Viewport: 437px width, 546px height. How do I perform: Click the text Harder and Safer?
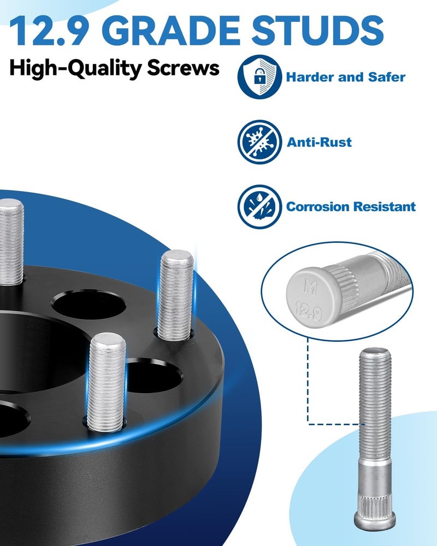pyautogui.click(x=345, y=77)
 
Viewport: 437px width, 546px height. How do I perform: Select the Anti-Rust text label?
pyautogui.click(x=319, y=143)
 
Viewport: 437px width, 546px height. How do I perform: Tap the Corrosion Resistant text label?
pyautogui.click(x=351, y=207)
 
